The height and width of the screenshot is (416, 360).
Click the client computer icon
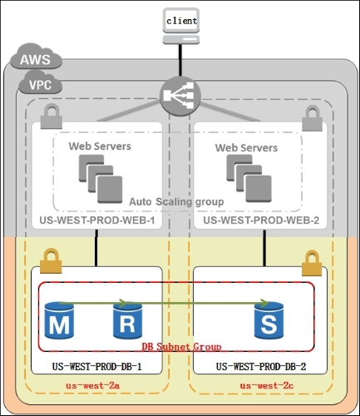[181, 26]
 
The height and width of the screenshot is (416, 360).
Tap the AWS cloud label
[36, 57]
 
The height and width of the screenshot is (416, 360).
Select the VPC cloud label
[40, 82]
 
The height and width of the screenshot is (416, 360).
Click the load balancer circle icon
[180, 96]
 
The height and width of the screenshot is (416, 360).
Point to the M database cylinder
[59, 320]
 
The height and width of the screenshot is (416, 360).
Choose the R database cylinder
[127, 320]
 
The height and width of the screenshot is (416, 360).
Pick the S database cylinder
[269, 320]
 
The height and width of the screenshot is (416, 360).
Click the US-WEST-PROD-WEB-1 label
[97, 220]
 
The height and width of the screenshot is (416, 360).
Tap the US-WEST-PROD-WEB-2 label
[261, 220]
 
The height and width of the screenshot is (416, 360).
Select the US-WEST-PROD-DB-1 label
[97, 367]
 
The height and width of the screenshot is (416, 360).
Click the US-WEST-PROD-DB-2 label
[261, 367]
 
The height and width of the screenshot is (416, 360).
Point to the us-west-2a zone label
[93, 385]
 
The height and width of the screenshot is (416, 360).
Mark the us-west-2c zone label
[267, 385]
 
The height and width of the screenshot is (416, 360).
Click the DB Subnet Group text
[181, 347]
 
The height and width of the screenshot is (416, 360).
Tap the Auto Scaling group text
[176, 201]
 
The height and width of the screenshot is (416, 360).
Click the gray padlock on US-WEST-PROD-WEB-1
[52, 116]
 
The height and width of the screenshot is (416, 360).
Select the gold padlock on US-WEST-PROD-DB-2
[312, 263]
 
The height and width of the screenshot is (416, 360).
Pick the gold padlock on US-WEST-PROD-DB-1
[51, 261]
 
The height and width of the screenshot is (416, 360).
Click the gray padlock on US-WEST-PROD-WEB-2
[313, 118]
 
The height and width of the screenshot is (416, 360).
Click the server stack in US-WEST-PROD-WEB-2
[249, 178]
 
